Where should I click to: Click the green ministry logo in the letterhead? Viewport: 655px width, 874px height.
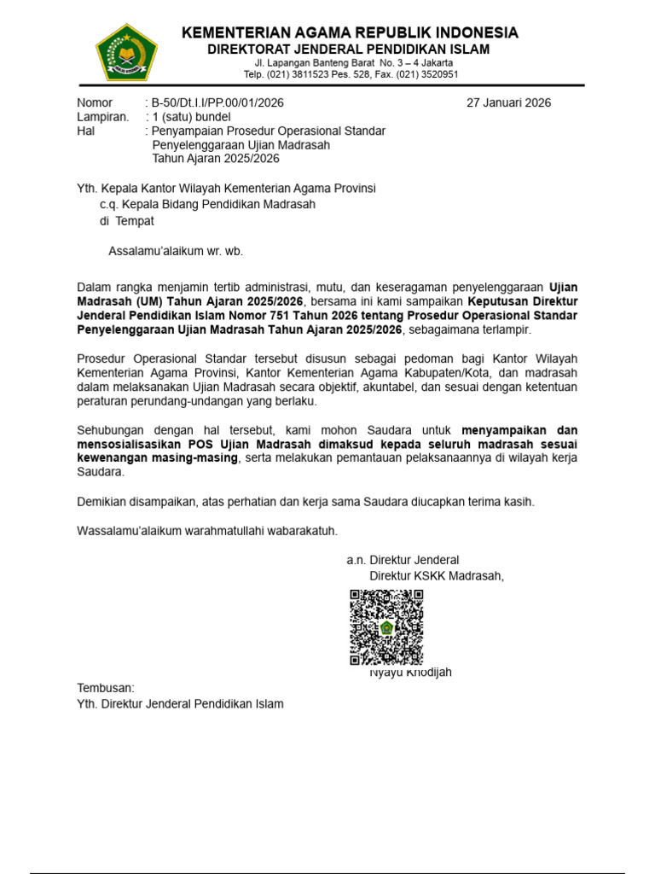pyautogui.click(x=126, y=53)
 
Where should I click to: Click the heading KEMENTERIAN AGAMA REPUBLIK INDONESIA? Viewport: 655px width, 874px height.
pyautogui.click(x=350, y=33)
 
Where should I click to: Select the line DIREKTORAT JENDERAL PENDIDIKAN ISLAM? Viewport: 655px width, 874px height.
pyautogui.click(x=350, y=50)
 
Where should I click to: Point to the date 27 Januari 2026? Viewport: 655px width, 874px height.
pyautogui.click(x=508, y=103)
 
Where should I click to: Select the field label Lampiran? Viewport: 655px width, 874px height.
pyautogui.click(x=103, y=117)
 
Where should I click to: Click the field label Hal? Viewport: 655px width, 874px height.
pyautogui.click(x=86, y=131)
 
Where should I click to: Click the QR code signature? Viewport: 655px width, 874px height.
pyautogui.click(x=386, y=627)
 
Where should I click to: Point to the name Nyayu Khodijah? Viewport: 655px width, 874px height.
pyautogui.click(x=410, y=673)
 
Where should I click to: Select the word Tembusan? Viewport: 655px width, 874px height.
pyautogui.click(x=106, y=688)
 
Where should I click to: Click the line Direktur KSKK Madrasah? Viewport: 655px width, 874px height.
pyautogui.click(x=437, y=575)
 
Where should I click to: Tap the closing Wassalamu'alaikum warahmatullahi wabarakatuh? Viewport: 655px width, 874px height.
pyautogui.click(x=207, y=531)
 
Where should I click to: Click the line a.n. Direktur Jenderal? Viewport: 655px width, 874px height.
pyautogui.click(x=403, y=560)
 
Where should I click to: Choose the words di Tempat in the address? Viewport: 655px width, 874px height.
pyautogui.click(x=127, y=220)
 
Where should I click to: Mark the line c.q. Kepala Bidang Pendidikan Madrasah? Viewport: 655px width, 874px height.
pyautogui.click(x=207, y=204)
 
